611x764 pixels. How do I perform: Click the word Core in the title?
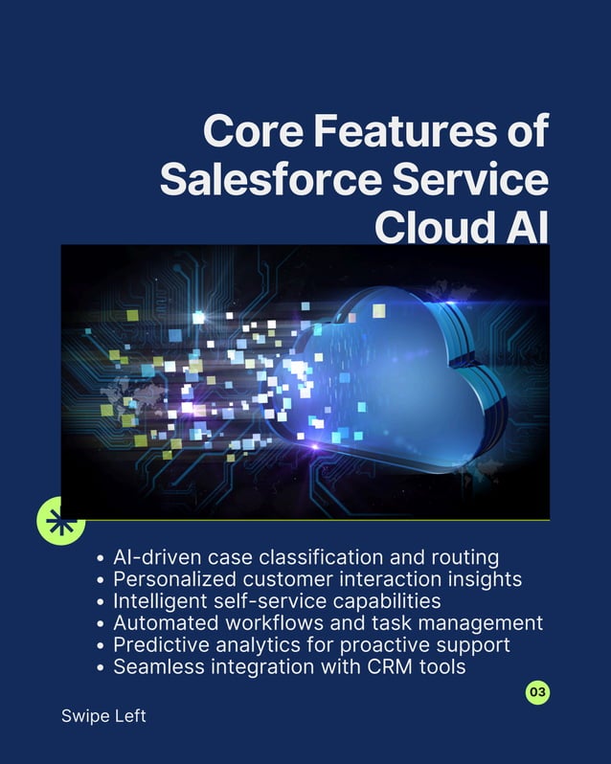[x=247, y=132]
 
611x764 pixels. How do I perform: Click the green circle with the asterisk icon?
[x=60, y=522]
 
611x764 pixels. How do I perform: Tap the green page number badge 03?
[x=538, y=691]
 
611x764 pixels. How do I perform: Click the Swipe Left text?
[x=103, y=716]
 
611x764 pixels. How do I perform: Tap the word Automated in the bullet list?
[x=163, y=623]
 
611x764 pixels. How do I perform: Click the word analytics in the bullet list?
[x=255, y=645]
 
